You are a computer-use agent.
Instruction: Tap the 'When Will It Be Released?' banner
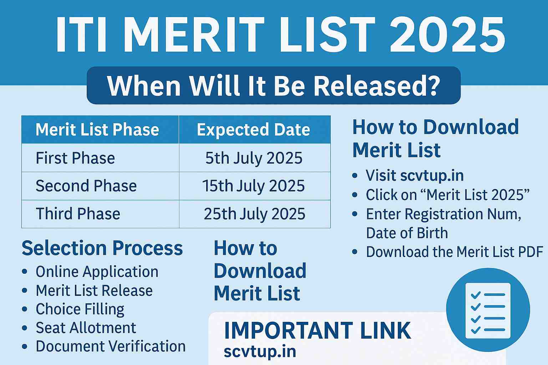[274, 86]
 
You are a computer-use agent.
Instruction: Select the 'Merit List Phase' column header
[97, 129]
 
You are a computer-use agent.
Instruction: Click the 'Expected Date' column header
[254, 129]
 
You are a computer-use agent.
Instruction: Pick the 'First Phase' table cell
[75, 158]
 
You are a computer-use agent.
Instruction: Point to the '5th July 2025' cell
[254, 158]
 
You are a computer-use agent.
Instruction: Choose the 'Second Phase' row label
[86, 186]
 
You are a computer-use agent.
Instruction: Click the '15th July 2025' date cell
[254, 186]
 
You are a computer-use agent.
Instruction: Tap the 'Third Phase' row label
[78, 214]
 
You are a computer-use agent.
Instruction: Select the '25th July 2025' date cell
[254, 214]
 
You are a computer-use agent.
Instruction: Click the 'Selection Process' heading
[102, 248]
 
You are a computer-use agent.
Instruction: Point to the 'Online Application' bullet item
[97, 272]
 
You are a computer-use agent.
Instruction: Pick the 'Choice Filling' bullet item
[80, 309]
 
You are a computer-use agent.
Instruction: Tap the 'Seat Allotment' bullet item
[86, 328]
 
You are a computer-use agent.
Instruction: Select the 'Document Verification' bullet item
[111, 346]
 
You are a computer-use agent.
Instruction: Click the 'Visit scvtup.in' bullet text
[415, 175]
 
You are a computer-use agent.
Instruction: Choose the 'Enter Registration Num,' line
[443, 214]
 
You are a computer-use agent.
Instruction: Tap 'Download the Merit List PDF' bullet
[454, 252]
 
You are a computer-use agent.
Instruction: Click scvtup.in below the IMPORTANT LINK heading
[260, 351]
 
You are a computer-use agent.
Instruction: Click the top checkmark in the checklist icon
[476, 295]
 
